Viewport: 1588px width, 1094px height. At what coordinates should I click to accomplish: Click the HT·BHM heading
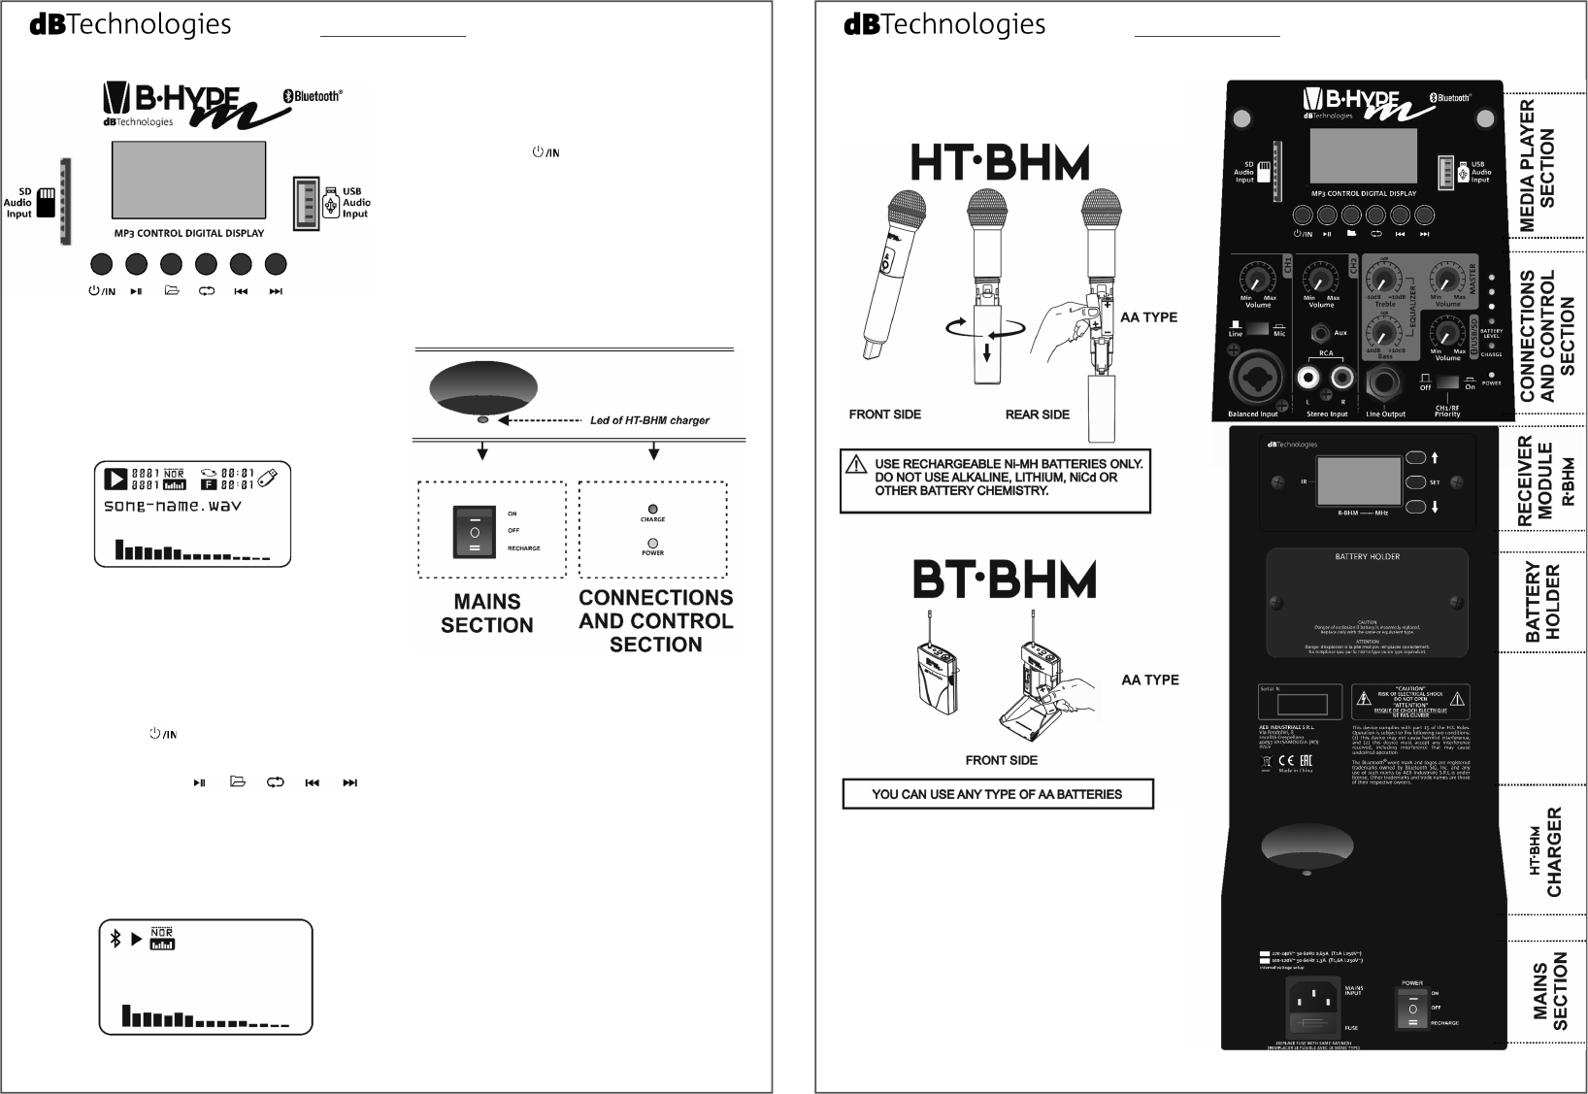tap(1000, 163)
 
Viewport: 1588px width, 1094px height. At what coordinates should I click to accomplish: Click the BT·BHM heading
tap(1005, 580)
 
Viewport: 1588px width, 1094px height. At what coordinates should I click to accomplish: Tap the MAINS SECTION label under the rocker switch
tap(486, 613)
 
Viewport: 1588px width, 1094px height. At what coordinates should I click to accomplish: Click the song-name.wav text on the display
tap(173, 506)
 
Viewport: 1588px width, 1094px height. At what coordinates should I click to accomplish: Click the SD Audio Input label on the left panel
tap(19, 202)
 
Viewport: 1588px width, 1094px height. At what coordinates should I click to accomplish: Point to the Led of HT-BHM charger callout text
tap(649, 420)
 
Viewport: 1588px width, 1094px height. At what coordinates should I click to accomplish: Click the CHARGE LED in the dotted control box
tap(652, 509)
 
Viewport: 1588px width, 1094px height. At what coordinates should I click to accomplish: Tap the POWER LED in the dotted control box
tap(652, 543)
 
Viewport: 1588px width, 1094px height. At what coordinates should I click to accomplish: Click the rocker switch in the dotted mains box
tap(475, 531)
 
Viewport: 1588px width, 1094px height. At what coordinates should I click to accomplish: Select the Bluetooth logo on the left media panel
tap(312, 96)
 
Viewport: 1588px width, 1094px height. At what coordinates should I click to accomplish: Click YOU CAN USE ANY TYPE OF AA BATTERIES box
tap(997, 794)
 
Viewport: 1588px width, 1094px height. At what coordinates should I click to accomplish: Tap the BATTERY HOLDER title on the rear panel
tap(1367, 557)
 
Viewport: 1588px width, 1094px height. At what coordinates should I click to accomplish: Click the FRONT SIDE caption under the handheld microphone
tap(885, 414)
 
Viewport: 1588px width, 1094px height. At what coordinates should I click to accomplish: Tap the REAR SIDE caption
tap(1038, 414)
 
